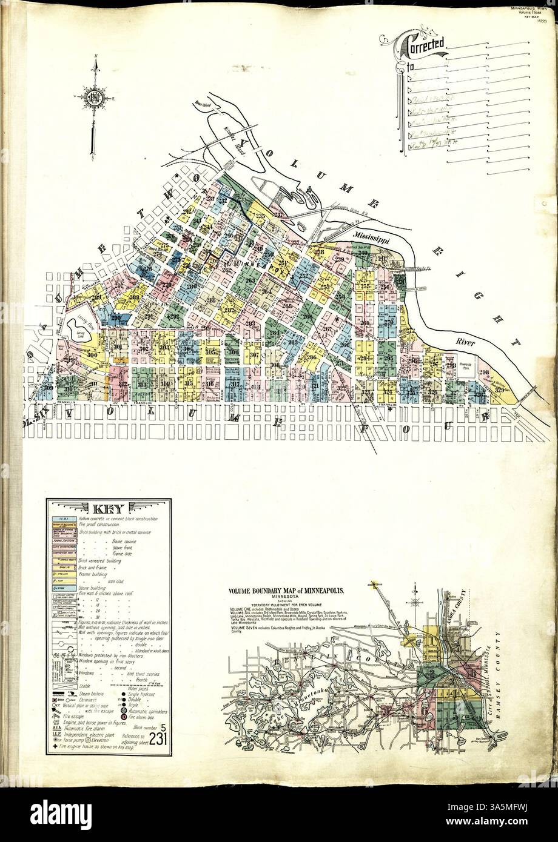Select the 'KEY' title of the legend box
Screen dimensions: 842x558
click(x=109, y=508)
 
